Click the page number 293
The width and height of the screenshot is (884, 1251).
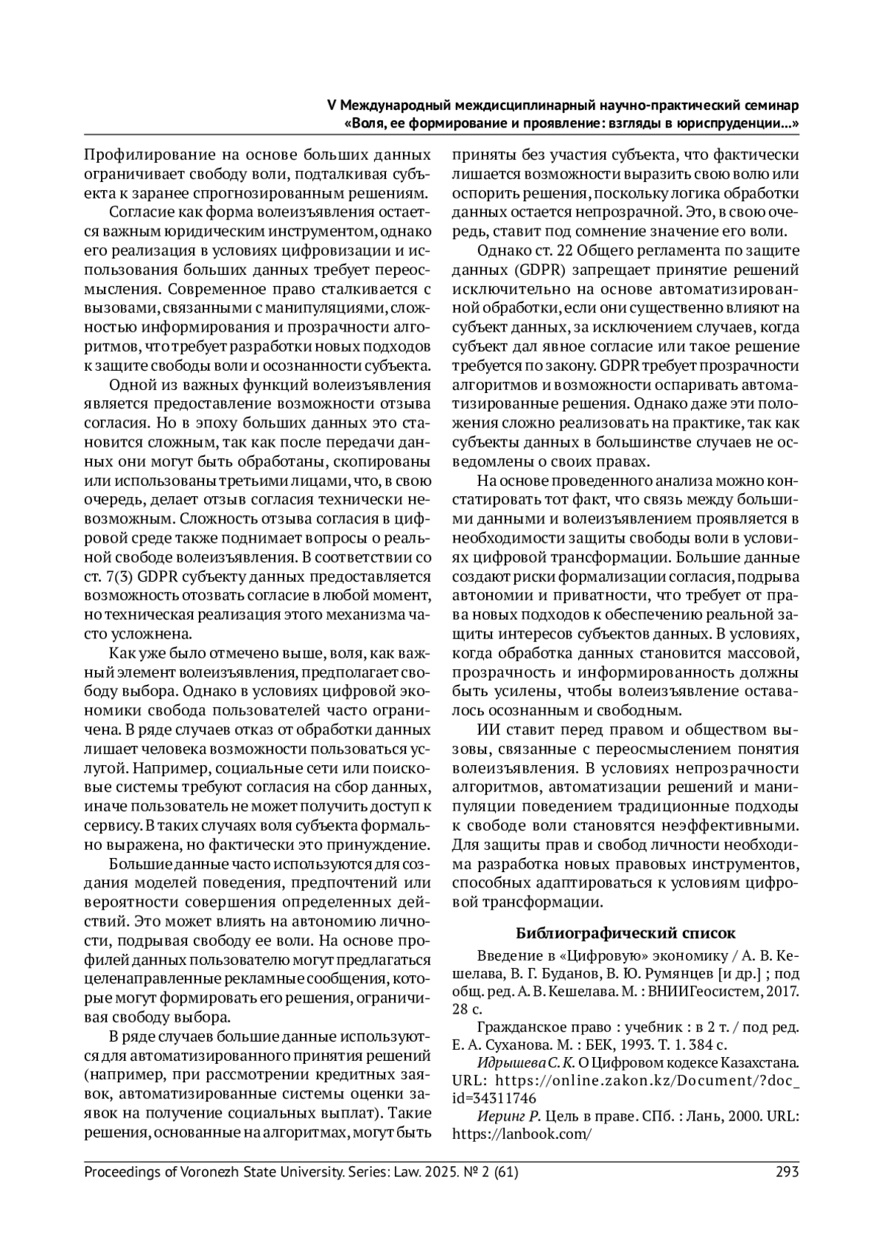point(787,1171)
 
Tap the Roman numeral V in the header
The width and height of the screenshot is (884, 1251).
point(331,106)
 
